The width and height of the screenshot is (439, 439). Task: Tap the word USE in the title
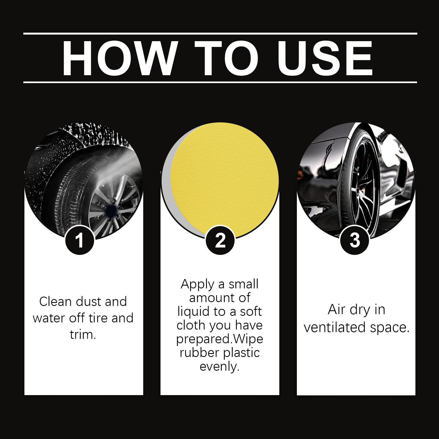325,58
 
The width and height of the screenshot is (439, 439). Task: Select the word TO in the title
227,58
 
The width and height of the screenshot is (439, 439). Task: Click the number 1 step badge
80,240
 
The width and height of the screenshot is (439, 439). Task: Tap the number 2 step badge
220,240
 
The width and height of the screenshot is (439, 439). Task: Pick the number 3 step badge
355,240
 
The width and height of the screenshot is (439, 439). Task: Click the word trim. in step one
83,334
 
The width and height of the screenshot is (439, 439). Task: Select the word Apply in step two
197,285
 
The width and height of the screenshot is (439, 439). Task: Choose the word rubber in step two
196,353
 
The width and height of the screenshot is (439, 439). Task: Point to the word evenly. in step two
219,367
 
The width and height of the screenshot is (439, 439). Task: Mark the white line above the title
220,34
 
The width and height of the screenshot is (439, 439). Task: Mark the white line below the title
220,82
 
